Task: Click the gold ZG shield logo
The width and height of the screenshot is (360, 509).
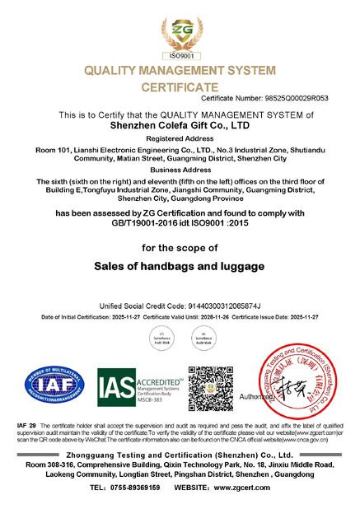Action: (x=180, y=31)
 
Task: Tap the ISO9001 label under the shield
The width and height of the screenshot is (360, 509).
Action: (x=180, y=55)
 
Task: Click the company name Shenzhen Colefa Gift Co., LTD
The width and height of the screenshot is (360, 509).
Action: (x=180, y=126)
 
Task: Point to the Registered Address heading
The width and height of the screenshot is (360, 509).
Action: (x=180, y=140)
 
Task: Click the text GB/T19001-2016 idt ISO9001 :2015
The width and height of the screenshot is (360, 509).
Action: (x=180, y=222)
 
